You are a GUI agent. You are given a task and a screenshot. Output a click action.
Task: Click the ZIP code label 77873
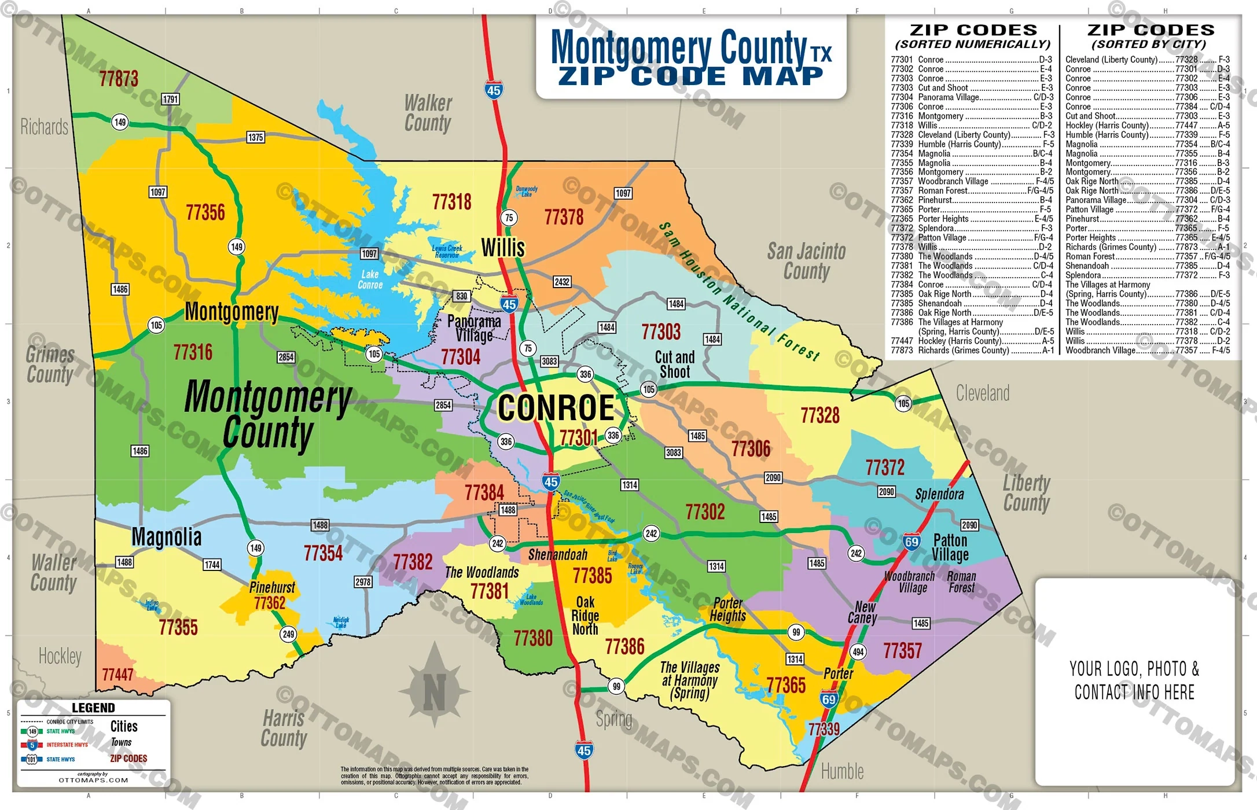119,79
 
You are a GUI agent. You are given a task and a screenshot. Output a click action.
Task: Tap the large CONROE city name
556,408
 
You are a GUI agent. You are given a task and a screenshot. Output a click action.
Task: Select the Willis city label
503,248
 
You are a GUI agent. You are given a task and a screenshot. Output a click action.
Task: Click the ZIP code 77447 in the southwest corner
117,675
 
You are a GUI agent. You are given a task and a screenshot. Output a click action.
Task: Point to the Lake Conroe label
370,279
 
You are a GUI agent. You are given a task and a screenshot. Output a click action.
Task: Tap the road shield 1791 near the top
170,99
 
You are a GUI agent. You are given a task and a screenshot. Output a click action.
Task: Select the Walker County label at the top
428,113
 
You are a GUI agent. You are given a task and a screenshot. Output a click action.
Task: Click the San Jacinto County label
806,261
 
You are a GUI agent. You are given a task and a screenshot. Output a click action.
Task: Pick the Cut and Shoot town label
674,365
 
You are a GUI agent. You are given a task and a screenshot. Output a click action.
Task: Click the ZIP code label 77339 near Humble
824,729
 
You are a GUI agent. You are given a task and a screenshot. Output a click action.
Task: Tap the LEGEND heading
93,708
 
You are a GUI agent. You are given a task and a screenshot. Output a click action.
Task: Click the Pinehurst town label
272,588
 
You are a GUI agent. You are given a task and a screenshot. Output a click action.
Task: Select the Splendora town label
939,494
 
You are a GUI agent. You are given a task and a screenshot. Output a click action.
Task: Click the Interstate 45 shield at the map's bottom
583,751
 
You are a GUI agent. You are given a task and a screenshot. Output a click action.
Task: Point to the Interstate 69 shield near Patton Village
911,542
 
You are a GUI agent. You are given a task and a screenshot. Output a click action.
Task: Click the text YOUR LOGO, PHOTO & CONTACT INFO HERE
1134,680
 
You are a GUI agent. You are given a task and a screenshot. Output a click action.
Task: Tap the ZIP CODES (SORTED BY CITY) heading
1150,36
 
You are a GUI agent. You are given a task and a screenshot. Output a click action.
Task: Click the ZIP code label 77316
193,352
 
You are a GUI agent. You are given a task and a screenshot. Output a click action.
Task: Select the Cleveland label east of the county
982,393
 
